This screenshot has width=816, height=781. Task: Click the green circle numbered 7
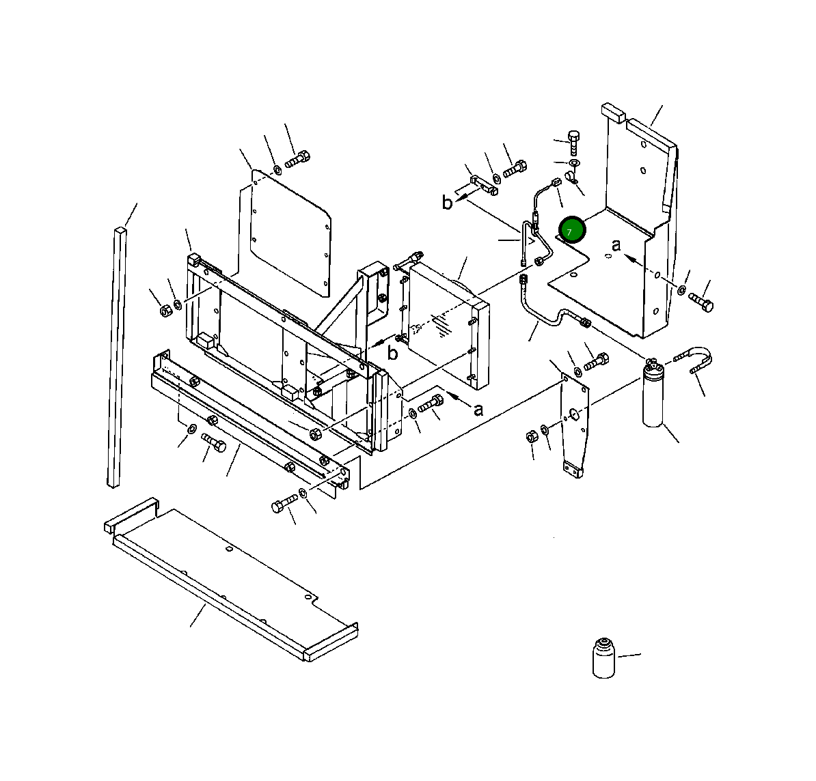[x=572, y=229]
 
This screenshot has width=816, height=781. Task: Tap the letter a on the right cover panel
[x=616, y=245]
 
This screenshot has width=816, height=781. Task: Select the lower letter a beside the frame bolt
[x=478, y=409]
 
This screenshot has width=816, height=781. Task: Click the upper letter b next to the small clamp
[x=447, y=203]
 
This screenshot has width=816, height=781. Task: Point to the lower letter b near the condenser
[x=392, y=353]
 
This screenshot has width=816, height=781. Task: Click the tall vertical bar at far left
[x=116, y=355]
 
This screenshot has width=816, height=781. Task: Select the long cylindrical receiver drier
[x=653, y=396]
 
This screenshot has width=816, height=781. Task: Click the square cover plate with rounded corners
[x=290, y=232]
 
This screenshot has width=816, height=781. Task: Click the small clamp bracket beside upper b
[x=484, y=185]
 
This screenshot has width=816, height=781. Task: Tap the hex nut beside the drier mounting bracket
[x=531, y=436]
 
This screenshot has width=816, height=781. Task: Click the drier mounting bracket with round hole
[x=574, y=423]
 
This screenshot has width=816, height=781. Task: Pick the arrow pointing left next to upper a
[x=633, y=259]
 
